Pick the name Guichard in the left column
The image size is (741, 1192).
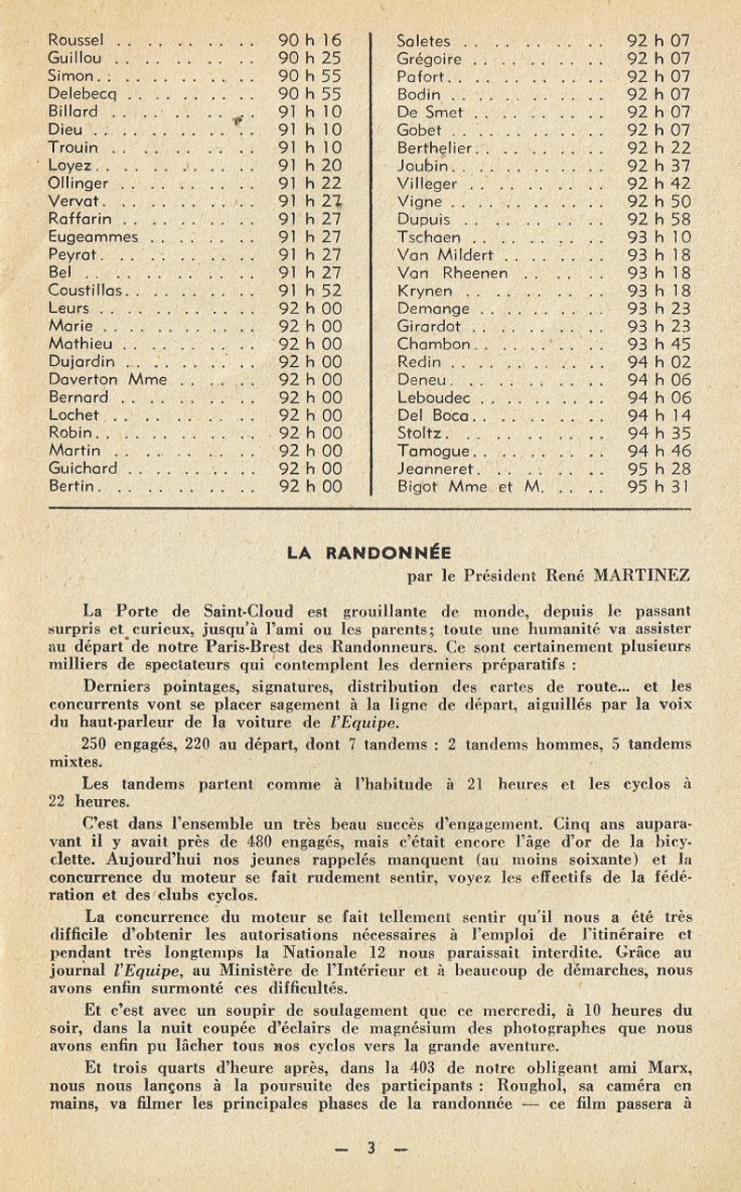85,468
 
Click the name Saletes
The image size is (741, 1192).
424,42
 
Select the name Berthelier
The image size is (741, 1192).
437,148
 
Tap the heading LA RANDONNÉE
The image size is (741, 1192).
370,552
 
